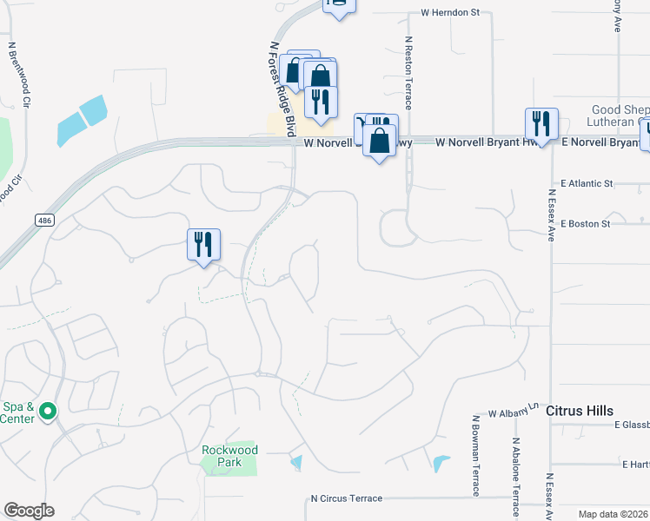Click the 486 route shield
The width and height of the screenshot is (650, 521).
[43, 221]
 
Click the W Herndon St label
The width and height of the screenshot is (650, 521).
[450, 13]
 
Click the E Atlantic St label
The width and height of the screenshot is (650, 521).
[587, 184]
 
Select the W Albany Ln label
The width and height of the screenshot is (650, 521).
[514, 412]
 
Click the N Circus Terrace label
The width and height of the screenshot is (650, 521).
[347, 498]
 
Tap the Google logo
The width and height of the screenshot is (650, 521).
[29, 511]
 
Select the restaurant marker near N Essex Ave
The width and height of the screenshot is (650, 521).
[541, 123]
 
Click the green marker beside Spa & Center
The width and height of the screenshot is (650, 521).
[48, 411]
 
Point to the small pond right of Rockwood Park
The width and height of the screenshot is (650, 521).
[297, 462]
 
